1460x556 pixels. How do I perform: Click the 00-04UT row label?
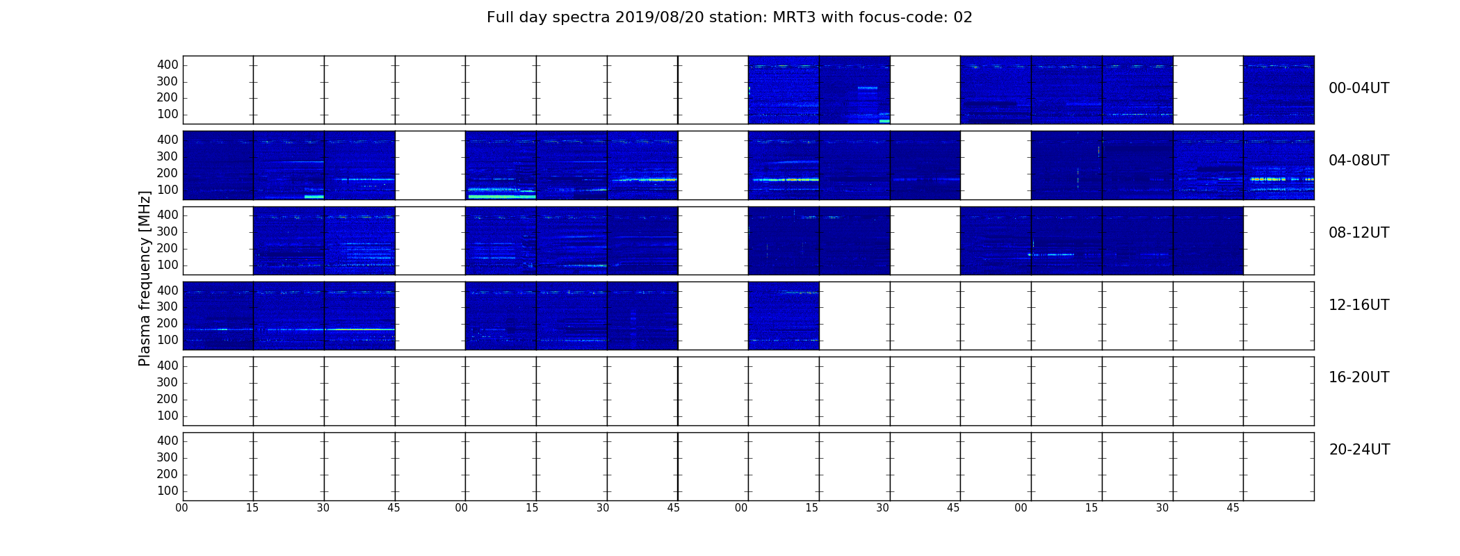[x=1358, y=88]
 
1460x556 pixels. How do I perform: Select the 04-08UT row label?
[x=1358, y=161]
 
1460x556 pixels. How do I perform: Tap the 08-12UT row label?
[x=1358, y=233]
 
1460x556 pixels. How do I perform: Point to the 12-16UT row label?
[x=1358, y=305]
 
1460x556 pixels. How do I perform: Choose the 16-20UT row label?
[x=1358, y=377]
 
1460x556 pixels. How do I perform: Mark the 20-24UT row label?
[x=1359, y=450]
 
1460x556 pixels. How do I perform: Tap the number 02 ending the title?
[x=963, y=17]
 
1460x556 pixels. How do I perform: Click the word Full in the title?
[x=500, y=17]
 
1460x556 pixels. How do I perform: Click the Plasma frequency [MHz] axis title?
[x=145, y=278]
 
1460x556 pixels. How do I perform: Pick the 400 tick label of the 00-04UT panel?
[x=168, y=65]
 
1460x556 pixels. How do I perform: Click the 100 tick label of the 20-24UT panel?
[x=168, y=491]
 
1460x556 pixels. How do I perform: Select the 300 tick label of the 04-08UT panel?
[x=168, y=156]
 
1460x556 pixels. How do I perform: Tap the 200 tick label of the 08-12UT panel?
[x=168, y=249]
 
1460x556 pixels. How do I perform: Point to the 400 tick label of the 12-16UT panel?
[x=168, y=291]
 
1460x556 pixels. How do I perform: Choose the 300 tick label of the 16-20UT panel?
[x=168, y=382]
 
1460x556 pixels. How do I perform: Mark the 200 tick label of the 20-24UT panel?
[x=168, y=474]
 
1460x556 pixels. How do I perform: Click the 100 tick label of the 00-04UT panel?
[x=168, y=115]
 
